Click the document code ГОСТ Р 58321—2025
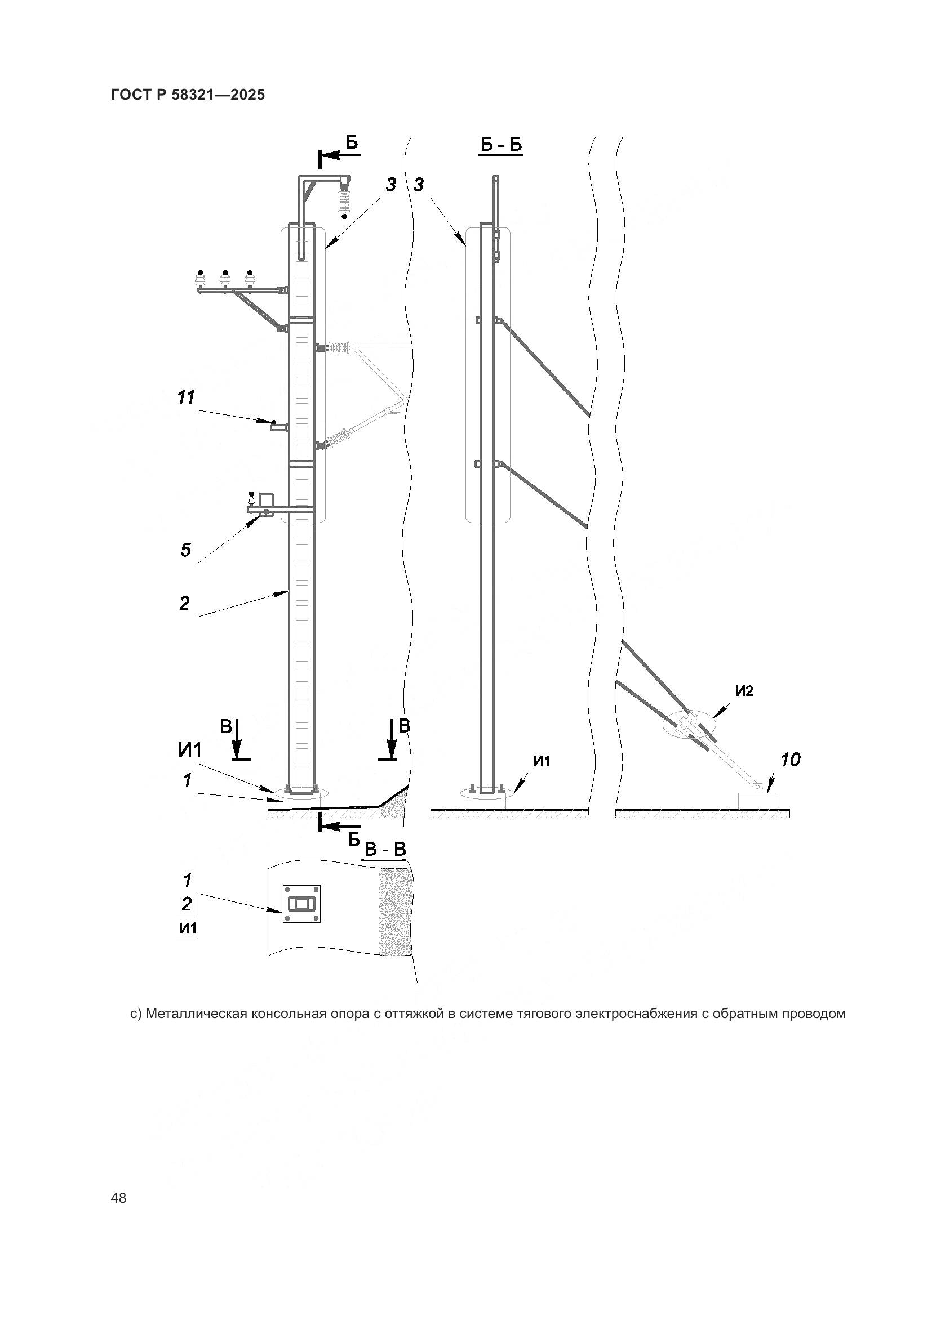coord(188,95)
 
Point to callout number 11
coord(186,397)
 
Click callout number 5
coord(185,551)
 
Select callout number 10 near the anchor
coord(790,761)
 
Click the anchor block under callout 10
coord(757,799)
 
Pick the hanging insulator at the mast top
coord(345,202)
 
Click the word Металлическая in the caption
coord(188,1014)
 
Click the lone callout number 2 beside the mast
coord(184,604)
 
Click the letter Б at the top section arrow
coord(351,142)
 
